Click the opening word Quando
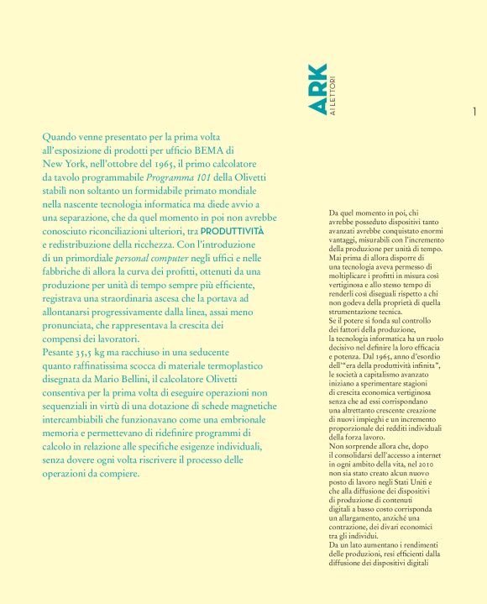coord(60,135)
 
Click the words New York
coord(64,164)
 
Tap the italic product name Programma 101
coord(179,178)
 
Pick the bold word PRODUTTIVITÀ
coord(233,230)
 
